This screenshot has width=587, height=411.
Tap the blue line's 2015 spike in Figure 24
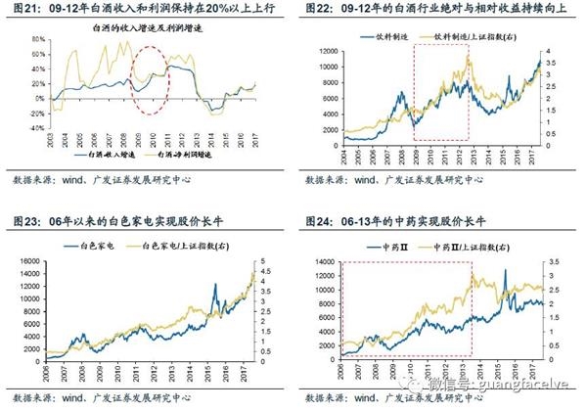(506, 270)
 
